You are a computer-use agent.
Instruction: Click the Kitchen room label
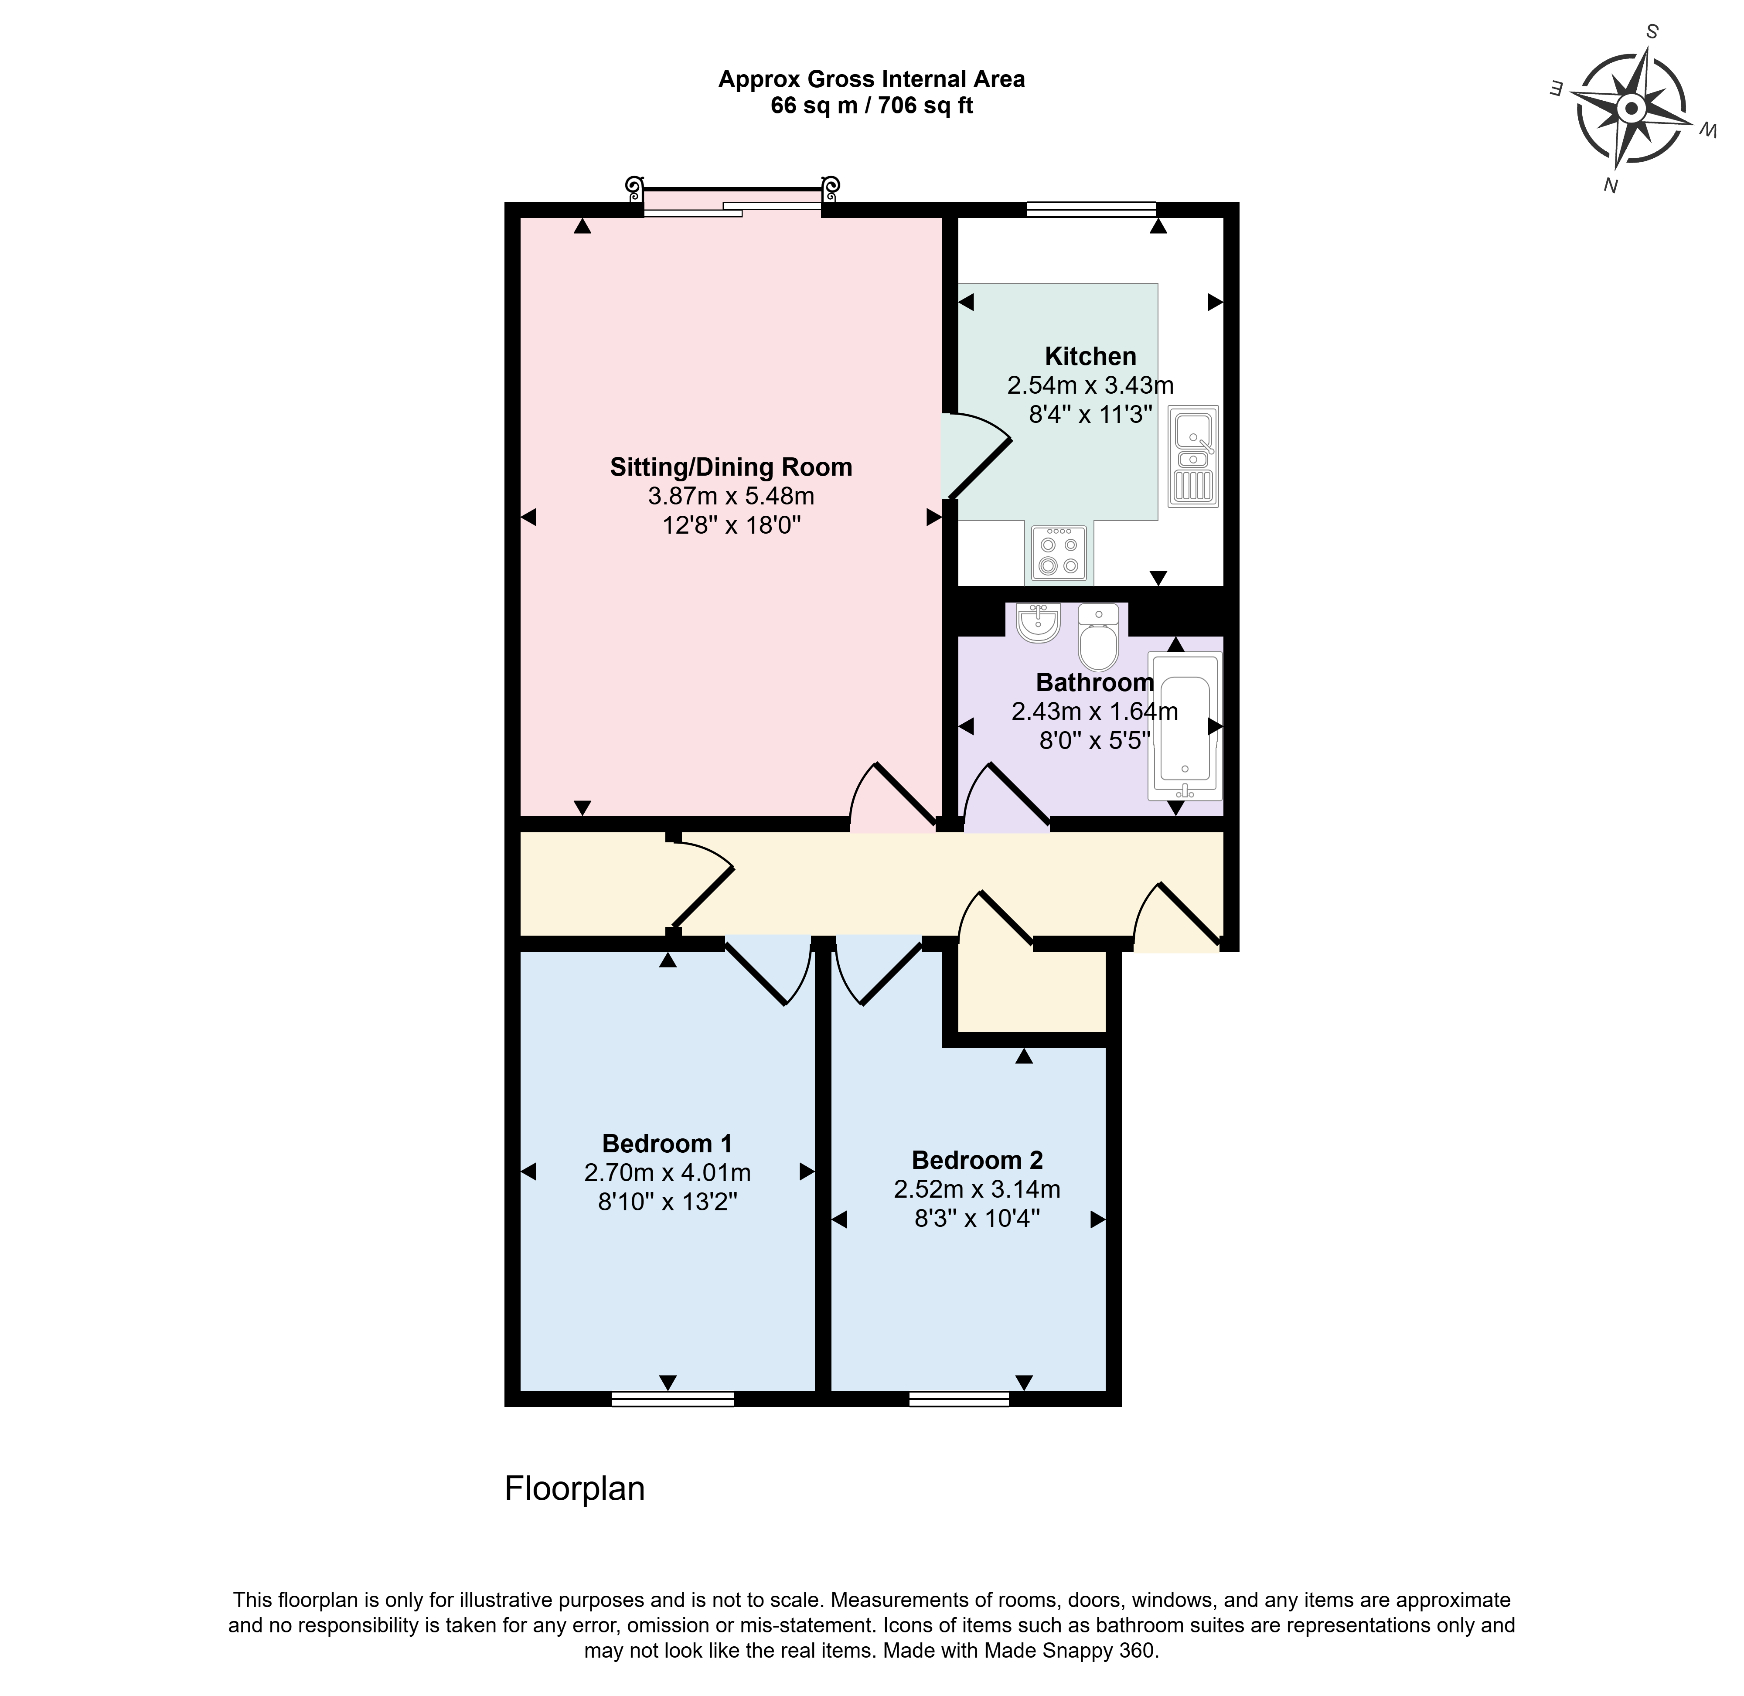[x=1090, y=356]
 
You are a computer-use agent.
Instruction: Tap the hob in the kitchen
[x=1059, y=553]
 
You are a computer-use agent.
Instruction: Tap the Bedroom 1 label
[x=667, y=1143]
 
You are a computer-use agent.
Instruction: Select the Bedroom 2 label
[x=977, y=1160]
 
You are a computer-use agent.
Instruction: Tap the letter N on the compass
[x=1611, y=185]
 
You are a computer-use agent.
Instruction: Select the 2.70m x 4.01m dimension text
[x=667, y=1172]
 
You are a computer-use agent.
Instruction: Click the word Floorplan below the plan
[x=575, y=1488]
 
